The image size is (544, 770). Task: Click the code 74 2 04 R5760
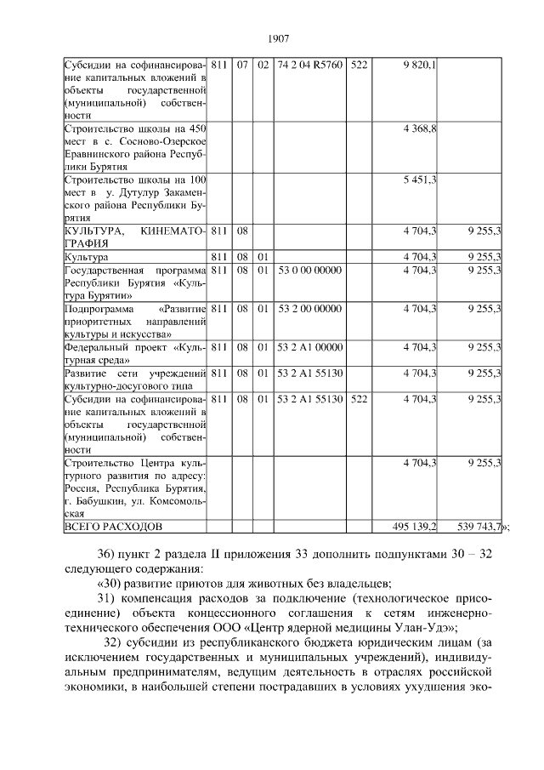[309, 65]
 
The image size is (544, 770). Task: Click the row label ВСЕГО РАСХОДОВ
[110, 528]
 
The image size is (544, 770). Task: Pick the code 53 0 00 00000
[309, 270]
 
